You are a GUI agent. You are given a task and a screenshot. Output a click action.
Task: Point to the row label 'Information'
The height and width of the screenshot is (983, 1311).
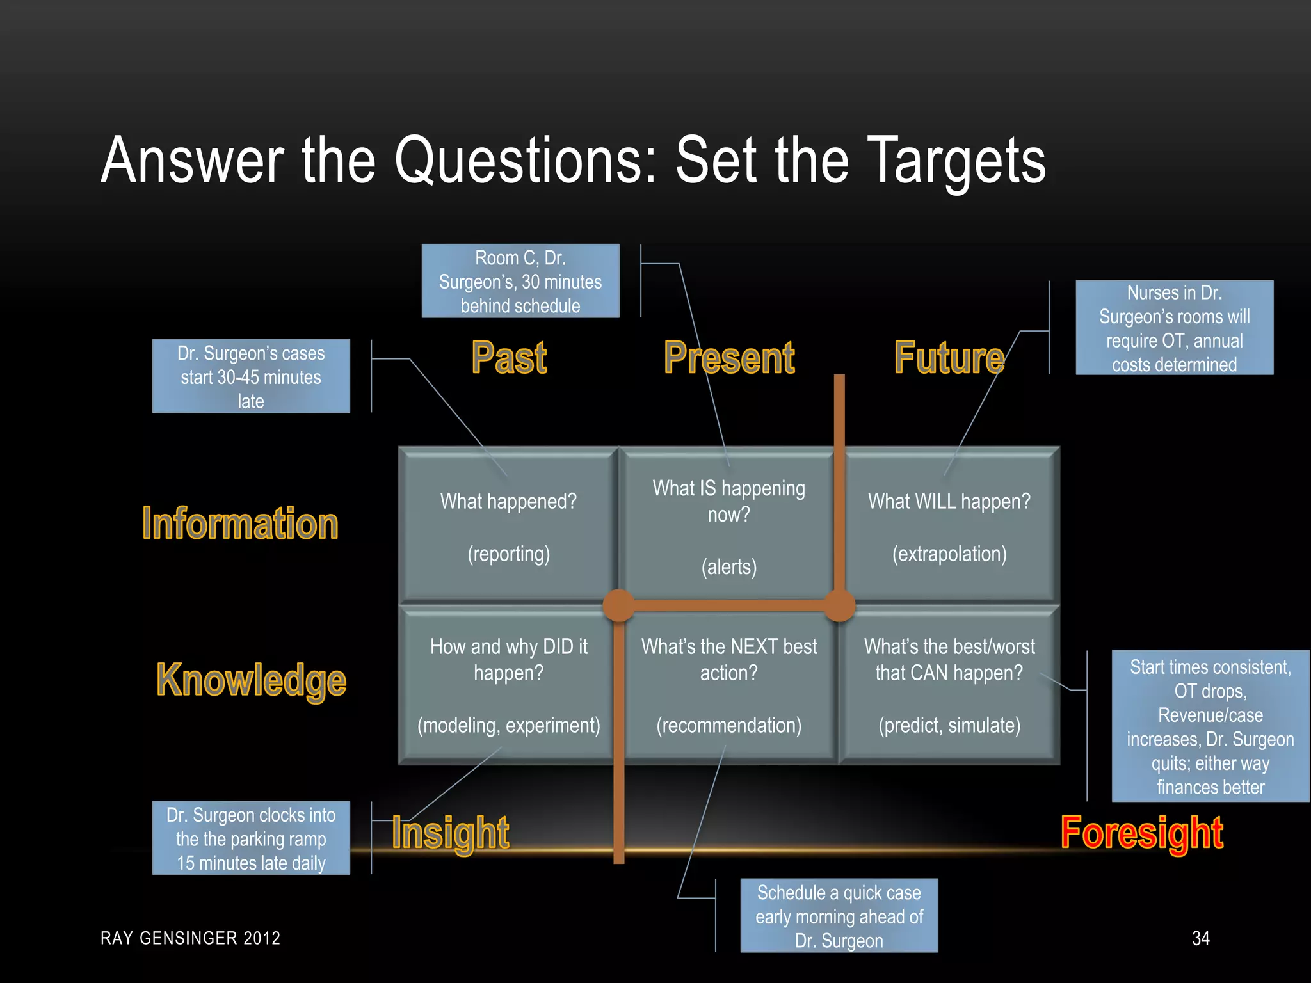point(240,523)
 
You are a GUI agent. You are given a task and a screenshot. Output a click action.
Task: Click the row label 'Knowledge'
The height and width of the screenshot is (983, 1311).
point(252,680)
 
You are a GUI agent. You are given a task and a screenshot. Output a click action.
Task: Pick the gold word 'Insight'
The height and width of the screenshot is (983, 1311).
point(451,833)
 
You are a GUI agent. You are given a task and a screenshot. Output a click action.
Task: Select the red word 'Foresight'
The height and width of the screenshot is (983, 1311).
point(1142,833)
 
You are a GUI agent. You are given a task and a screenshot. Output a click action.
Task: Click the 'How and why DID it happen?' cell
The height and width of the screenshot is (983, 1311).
point(508,685)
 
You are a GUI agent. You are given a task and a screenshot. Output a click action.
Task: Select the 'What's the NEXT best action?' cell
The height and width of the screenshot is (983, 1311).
point(729,685)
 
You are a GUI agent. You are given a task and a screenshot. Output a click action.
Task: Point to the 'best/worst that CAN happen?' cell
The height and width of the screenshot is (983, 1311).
point(949,685)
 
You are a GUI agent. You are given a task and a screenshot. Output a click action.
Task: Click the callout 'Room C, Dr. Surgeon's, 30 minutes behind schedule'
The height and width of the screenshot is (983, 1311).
point(520,281)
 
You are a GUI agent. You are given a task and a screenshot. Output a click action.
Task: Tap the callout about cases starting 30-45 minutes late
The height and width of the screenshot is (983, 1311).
point(251,376)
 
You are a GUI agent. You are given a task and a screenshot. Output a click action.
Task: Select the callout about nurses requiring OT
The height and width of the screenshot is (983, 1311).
point(1175,328)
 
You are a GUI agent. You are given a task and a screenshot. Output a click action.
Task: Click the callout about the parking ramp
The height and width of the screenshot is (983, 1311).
point(251,838)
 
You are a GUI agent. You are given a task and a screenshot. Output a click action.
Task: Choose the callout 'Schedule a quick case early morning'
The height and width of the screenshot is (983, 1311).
point(839,916)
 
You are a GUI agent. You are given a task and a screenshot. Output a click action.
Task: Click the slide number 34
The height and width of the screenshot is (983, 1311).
point(1201,938)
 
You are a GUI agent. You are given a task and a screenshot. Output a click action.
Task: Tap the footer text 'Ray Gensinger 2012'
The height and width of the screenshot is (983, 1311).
point(191,938)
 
